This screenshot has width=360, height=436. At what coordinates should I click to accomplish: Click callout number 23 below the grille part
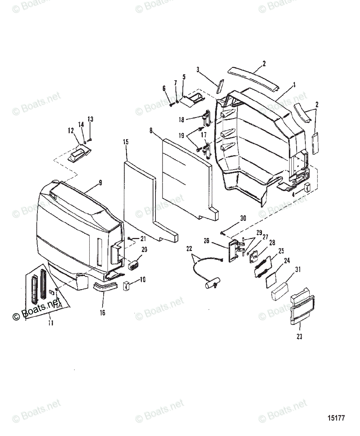tap(299, 337)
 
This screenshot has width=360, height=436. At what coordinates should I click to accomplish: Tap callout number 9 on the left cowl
tap(100, 183)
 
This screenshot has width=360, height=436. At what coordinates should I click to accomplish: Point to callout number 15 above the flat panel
tap(126, 142)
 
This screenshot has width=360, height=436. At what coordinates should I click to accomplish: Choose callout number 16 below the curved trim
tap(102, 312)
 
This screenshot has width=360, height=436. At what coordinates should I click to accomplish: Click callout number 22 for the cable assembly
tap(189, 249)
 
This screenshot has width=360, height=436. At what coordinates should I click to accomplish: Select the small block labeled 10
tap(127, 286)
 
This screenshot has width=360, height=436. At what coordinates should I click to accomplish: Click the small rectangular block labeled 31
tap(280, 291)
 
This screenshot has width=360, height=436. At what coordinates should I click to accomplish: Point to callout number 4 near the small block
tap(292, 194)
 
